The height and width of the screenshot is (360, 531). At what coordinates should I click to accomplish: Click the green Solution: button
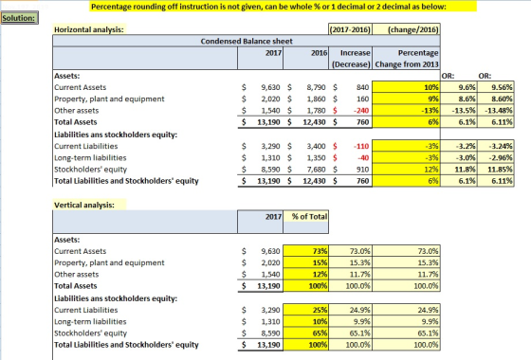19,18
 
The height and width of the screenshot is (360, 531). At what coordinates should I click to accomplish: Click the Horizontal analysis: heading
89,29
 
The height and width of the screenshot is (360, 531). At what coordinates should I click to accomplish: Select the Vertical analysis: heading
84,205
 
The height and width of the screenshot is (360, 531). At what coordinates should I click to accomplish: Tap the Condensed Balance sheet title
247,42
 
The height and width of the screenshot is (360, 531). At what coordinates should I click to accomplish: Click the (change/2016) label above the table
413,29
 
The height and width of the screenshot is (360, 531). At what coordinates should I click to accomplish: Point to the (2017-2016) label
350,29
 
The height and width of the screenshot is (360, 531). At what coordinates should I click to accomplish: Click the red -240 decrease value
361,111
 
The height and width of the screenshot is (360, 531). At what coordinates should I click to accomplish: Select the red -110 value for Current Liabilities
361,147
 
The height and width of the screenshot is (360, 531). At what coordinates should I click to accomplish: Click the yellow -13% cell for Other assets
406,111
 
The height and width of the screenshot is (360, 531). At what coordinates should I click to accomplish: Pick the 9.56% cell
496,87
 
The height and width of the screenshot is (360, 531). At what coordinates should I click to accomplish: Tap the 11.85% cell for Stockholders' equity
496,170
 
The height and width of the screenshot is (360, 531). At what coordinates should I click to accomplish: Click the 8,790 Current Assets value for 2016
317,87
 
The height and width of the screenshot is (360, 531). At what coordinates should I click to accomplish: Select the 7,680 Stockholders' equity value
317,170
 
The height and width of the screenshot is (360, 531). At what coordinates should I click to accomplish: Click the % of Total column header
309,217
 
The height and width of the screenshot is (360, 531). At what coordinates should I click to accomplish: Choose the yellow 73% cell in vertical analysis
305,251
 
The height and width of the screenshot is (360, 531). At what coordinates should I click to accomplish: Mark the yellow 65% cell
305,333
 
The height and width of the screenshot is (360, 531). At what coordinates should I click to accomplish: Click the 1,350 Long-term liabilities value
317,158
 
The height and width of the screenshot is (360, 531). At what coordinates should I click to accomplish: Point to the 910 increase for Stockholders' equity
362,170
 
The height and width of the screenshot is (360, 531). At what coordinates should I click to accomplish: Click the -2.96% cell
496,158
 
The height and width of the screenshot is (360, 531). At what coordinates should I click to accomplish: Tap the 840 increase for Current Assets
362,87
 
